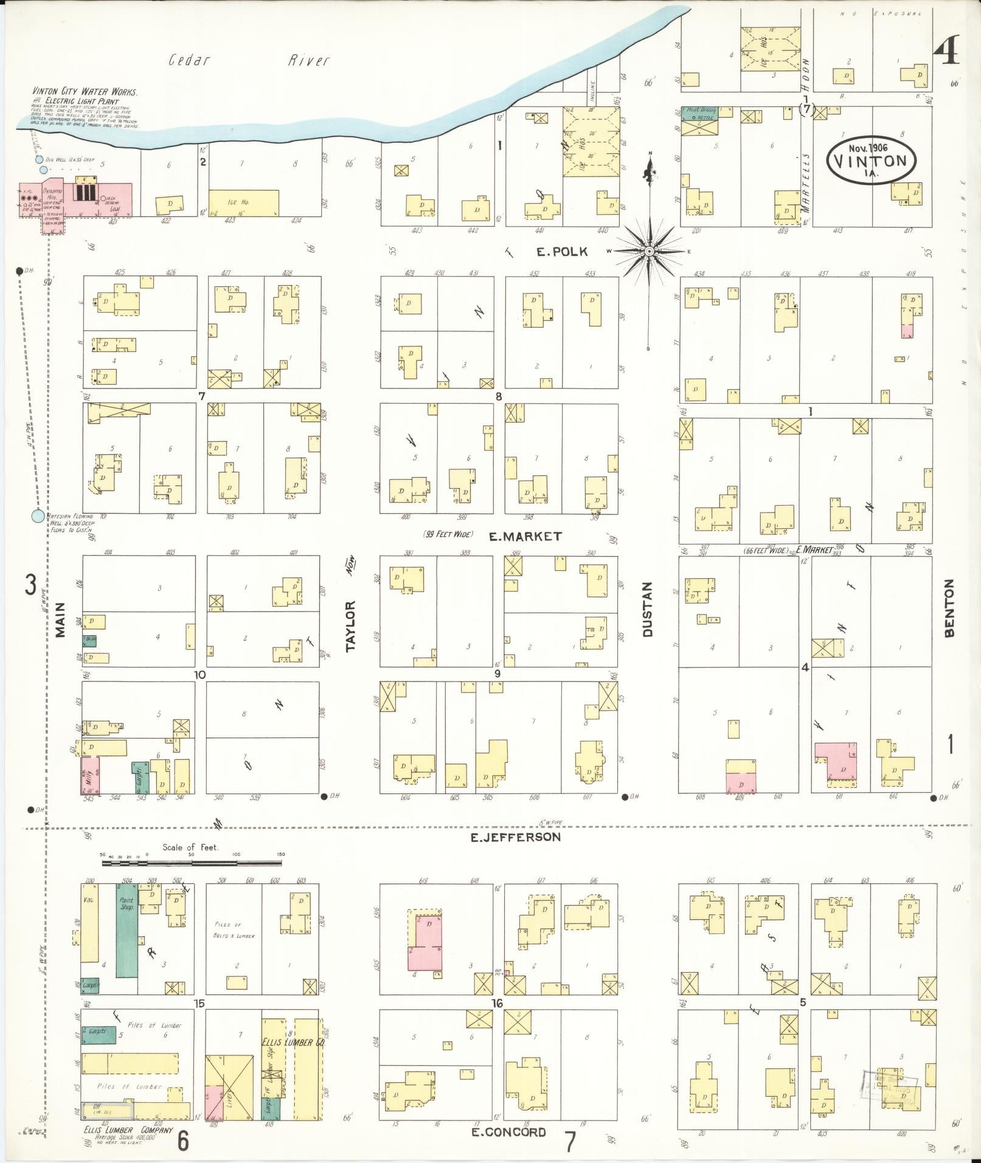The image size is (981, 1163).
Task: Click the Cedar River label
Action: (x=249, y=60)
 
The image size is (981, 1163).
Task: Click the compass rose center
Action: (x=649, y=251)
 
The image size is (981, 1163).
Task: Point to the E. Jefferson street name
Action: (x=515, y=837)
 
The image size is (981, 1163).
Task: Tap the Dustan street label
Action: (x=647, y=609)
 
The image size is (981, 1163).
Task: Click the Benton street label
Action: (x=949, y=607)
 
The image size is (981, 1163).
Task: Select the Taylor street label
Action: (x=350, y=626)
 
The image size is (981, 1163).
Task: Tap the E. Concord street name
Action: (x=508, y=1131)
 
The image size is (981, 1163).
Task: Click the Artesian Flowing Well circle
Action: (x=38, y=516)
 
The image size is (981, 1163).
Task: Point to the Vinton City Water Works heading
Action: (x=85, y=92)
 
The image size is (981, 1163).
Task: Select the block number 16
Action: (x=497, y=1003)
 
